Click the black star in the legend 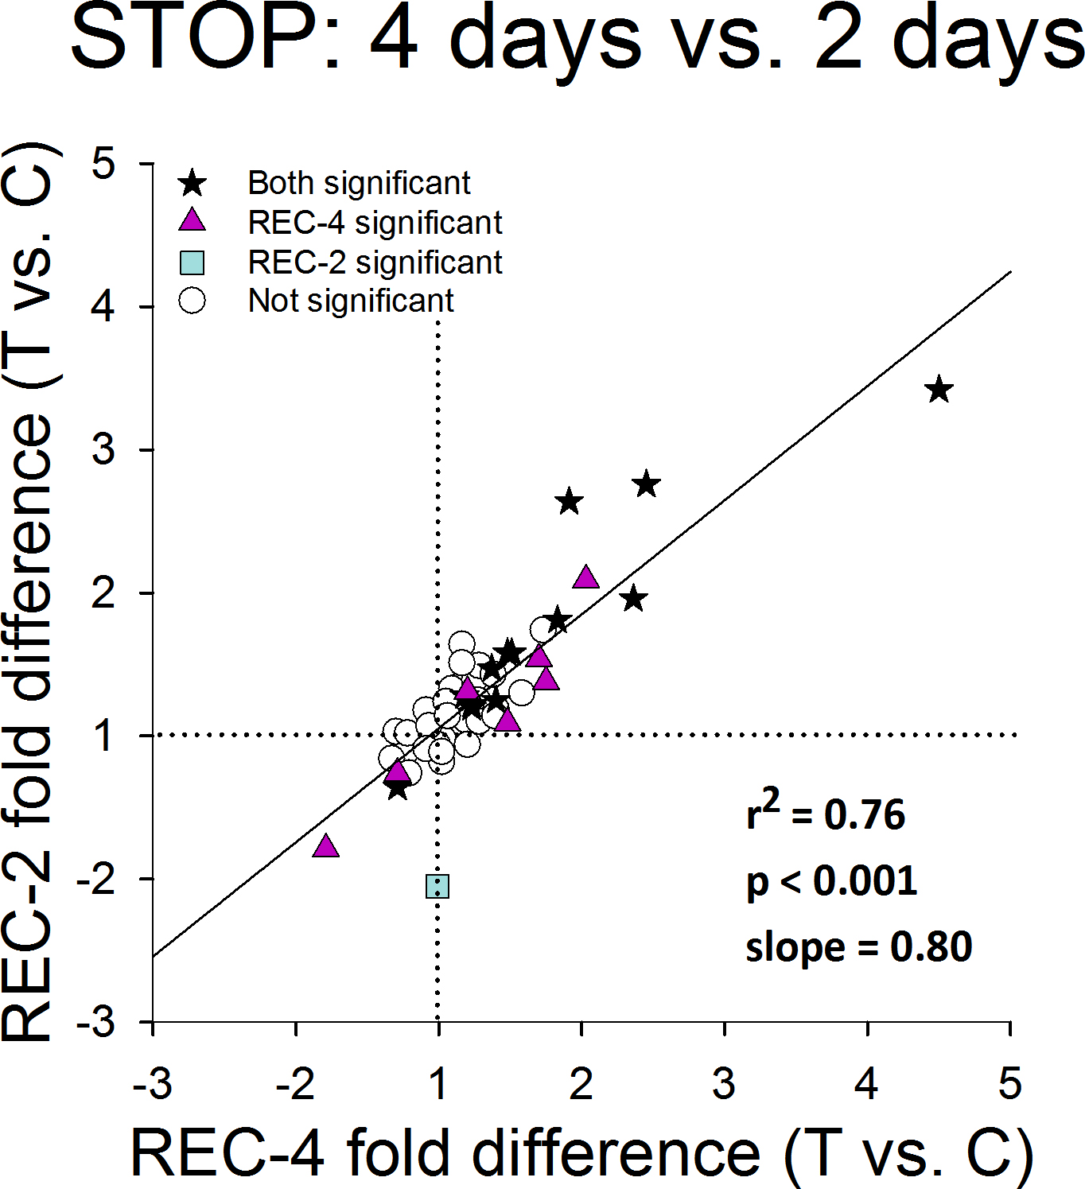[x=192, y=184]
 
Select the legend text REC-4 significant [x=375, y=223]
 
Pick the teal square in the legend [x=192, y=262]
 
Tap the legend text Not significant [x=351, y=301]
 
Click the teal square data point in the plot [x=437, y=886]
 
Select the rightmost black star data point [x=939, y=391]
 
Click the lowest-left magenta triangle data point [x=325, y=845]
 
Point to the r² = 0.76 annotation [x=826, y=813]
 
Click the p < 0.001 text [x=831, y=881]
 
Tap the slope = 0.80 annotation [x=858, y=947]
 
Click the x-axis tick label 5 [x=1009, y=1083]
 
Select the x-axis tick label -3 [x=152, y=1083]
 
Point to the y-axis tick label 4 [x=103, y=306]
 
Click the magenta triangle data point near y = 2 [x=586, y=577]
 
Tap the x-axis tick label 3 [x=723, y=1083]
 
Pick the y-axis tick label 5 [x=103, y=164]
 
